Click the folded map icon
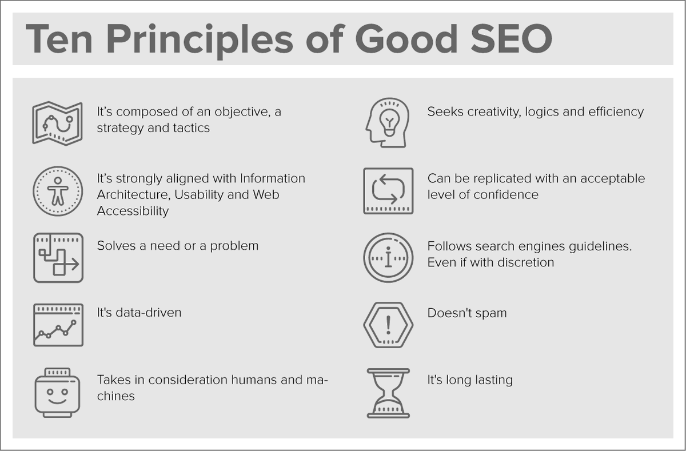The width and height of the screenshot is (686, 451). (x=57, y=123)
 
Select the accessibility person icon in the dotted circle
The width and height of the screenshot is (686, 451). (x=58, y=191)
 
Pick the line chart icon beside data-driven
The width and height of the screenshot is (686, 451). (x=58, y=325)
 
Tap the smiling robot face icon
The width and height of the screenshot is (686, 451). (x=58, y=393)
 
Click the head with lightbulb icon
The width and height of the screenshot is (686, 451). (x=387, y=123)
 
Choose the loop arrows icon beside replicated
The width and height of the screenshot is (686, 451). (x=388, y=191)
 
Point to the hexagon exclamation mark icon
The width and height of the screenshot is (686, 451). (x=388, y=325)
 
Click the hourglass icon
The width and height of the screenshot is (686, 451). (x=388, y=393)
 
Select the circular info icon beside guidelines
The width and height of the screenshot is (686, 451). (x=388, y=257)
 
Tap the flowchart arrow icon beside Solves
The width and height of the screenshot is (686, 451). (x=58, y=257)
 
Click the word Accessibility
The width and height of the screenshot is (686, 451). (x=133, y=211)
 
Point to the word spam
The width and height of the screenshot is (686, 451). (x=489, y=313)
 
